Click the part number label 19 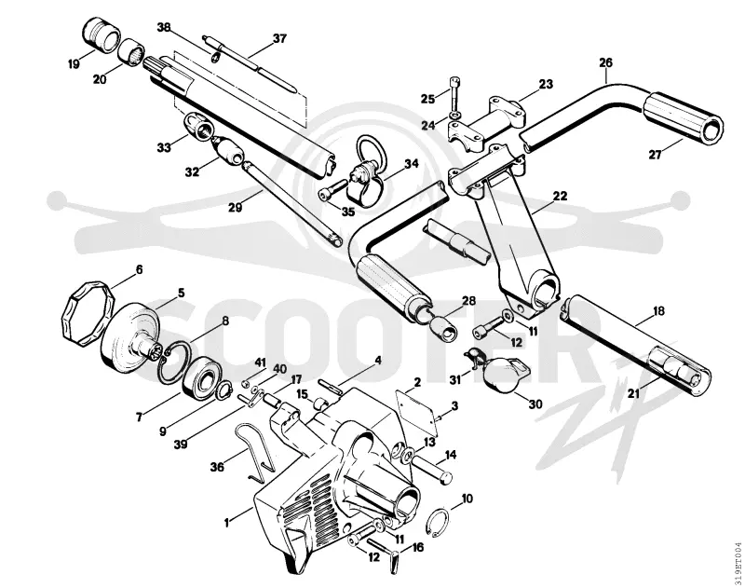click(74, 63)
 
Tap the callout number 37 click(279, 38)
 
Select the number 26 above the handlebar click(606, 62)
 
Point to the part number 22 click(560, 196)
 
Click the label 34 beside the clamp click(412, 163)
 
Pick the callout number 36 click(217, 467)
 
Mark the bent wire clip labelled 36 click(256, 452)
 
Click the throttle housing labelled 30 click(500, 374)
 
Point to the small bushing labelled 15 click(319, 404)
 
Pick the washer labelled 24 click(454, 116)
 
